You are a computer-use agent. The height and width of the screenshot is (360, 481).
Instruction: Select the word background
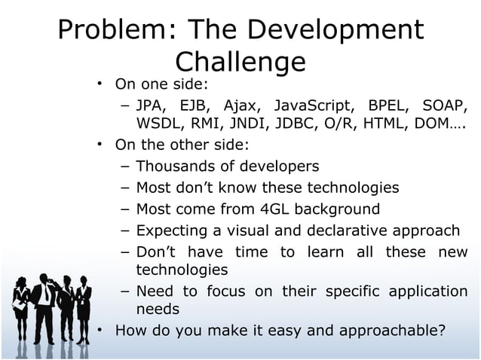click(x=342, y=209)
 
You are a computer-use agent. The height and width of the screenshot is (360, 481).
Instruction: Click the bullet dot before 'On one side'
click(x=99, y=82)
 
